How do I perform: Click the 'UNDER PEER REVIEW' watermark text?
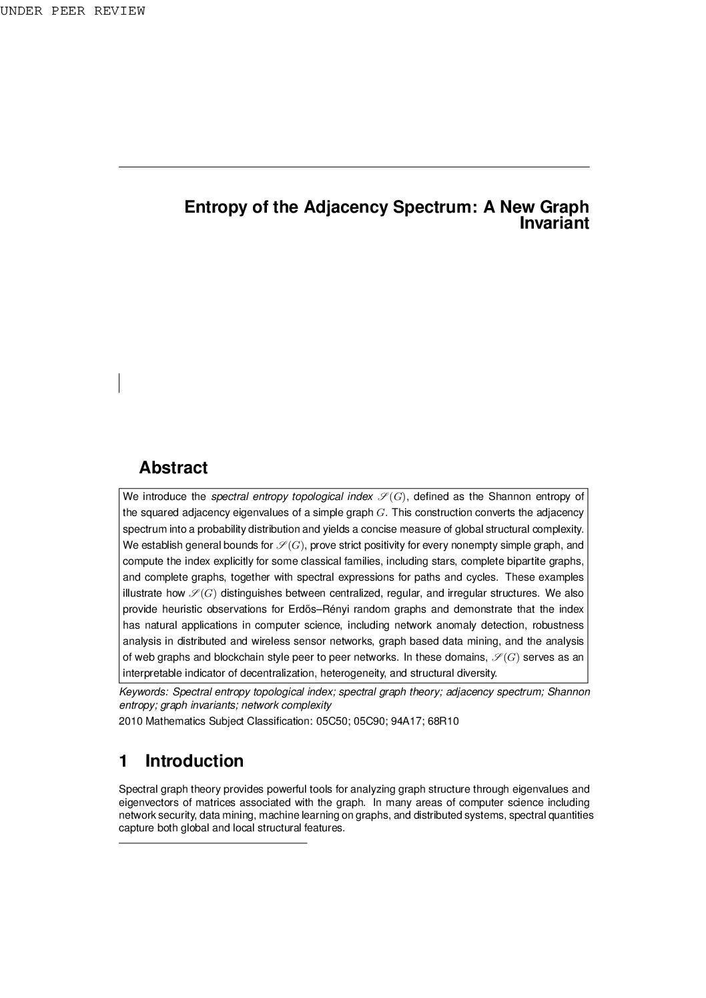[x=72, y=11]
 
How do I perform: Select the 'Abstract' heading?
[x=173, y=468]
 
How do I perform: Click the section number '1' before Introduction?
[x=123, y=761]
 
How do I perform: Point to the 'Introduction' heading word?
[x=194, y=761]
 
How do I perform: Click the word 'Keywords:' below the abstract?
[x=143, y=692]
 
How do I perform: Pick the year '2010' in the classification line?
[x=129, y=721]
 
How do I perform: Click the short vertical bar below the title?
[x=119, y=383]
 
